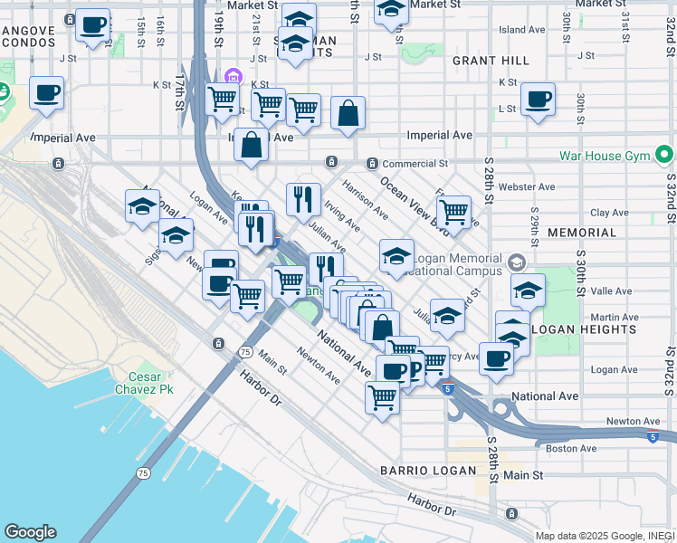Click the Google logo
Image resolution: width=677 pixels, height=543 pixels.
30,532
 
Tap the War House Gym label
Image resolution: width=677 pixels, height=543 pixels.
605,156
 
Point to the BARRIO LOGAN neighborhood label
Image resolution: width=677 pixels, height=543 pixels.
427,471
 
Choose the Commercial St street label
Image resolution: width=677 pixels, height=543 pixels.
415,164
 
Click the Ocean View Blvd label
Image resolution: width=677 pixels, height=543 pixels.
414,202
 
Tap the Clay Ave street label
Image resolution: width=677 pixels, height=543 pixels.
609,214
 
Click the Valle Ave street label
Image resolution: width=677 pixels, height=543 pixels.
611,291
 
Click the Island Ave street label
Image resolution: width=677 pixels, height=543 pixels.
522,30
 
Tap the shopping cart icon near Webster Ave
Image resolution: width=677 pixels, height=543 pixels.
453,212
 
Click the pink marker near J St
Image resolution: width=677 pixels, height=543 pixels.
234,76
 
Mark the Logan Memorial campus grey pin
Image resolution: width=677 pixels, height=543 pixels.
516,262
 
